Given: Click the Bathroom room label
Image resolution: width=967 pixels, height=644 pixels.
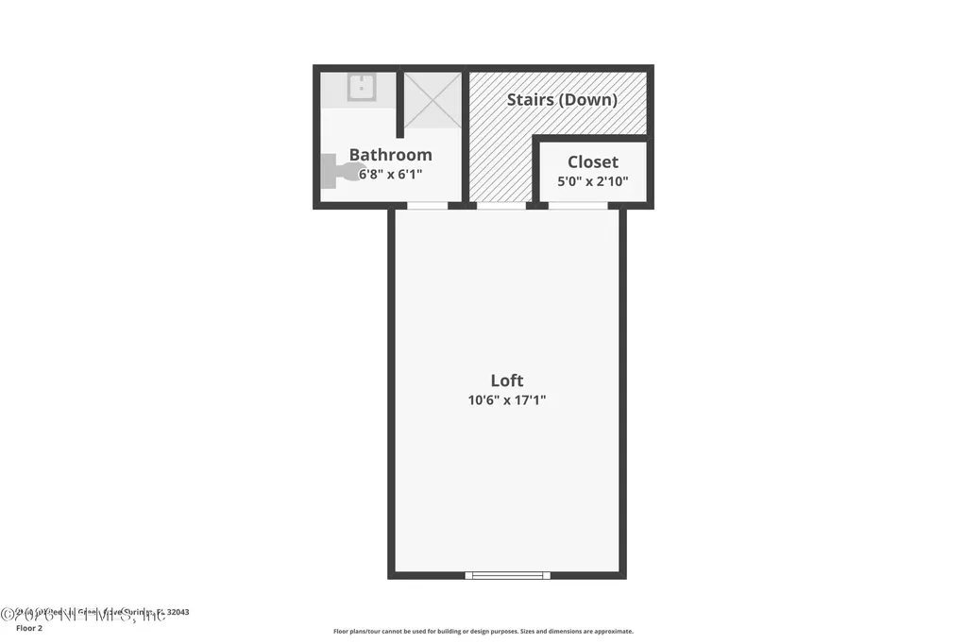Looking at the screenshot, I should [x=390, y=155].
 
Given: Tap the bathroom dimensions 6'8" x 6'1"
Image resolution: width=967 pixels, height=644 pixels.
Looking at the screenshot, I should [x=390, y=175].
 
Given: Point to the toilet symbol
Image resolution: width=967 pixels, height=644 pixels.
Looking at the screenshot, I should [x=343, y=172].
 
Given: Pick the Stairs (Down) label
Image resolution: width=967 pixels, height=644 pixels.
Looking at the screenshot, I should [x=562, y=99].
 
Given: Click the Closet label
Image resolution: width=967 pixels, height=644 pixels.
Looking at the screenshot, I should [x=593, y=162].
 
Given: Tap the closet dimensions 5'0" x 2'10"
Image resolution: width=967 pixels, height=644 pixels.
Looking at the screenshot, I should [x=593, y=181].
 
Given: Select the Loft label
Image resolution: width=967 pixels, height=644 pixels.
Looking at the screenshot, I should [x=507, y=381].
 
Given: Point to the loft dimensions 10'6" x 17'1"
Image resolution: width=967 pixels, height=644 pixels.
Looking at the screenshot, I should [x=507, y=400].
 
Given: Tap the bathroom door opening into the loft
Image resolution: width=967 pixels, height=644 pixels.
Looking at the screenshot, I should [x=427, y=205].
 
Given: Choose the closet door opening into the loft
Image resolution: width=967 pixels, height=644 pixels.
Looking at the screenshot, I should [x=578, y=205].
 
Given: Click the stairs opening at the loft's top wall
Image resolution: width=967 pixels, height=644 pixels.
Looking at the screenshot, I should [x=500, y=205].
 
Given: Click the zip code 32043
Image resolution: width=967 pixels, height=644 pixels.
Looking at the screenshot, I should [x=178, y=612].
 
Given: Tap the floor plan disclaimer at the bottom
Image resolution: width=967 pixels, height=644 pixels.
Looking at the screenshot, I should [x=483, y=632].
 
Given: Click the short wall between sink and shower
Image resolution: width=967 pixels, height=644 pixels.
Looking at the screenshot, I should [x=399, y=104].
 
